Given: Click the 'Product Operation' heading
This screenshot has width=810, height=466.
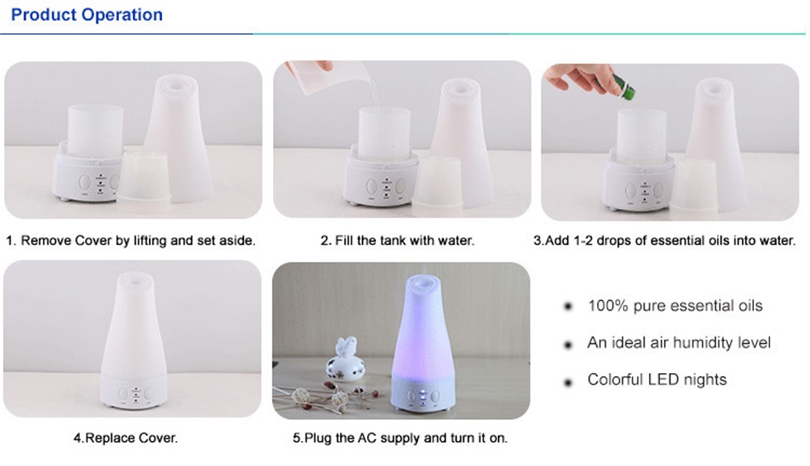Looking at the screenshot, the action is (x=87, y=15).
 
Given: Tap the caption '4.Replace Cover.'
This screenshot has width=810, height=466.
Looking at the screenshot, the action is (x=126, y=438).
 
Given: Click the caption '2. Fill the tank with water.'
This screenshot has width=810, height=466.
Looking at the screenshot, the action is (x=397, y=240).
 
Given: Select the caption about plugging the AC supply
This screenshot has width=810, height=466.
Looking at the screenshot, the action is (x=400, y=438).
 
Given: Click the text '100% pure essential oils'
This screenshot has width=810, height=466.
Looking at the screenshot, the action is (x=675, y=306).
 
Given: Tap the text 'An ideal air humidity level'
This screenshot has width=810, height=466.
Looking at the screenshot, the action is (x=679, y=343).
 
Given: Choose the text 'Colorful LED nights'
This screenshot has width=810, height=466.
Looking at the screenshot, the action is (x=657, y=379).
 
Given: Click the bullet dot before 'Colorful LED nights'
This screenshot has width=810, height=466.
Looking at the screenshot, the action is (x=569, y=383).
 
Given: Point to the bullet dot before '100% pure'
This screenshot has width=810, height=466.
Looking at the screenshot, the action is (x=569, y=307).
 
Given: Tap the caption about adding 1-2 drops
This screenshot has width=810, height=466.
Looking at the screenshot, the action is (x=664, y=240).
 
